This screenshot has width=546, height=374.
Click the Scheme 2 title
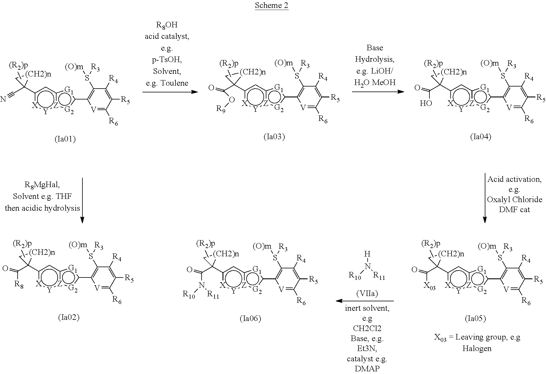(271, 6)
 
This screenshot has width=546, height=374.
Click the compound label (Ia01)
(65, 139)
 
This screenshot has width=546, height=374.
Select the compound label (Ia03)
(274, 137)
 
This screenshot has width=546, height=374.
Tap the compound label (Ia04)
(481, 137)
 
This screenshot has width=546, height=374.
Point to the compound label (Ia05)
(475, 318)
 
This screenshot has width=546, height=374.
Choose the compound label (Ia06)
(250, 318)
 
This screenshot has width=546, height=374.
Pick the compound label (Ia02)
(69, 317)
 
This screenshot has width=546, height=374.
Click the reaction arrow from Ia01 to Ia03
(170, 92)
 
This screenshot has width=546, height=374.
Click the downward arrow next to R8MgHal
(82, 200)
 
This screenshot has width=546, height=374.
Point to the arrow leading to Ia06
(365, 301)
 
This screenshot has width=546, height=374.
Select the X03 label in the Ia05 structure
(430, 286)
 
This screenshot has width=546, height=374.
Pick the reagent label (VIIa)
(367, 293)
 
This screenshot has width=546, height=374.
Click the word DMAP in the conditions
(367, 368)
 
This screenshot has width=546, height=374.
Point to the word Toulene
(167, 83)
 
